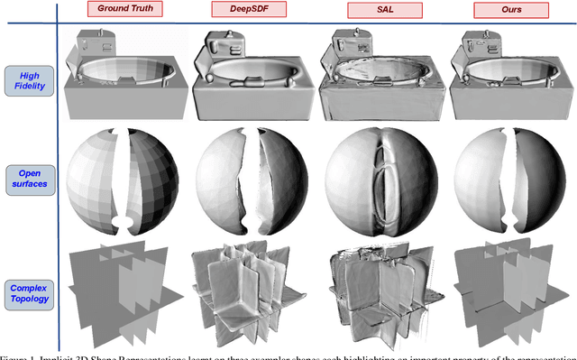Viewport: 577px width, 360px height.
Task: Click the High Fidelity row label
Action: (x=28, y=80)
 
